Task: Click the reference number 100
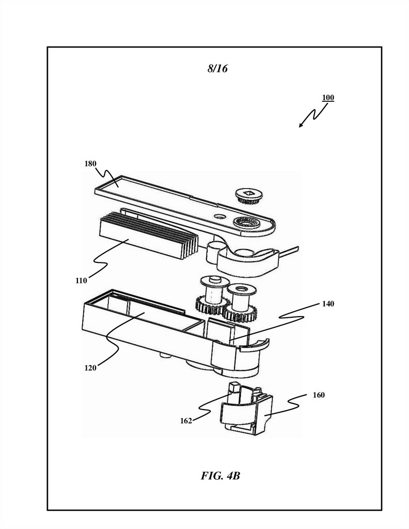point(328,98)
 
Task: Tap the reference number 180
point(90,164)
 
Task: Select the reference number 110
point(81,281)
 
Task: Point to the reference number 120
point(90,368)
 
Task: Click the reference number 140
point(328,304)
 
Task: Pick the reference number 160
point(319,395)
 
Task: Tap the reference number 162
point(186,421)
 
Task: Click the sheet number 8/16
point(217,69)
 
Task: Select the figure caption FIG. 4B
point(221,475)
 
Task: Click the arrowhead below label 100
point(301,126)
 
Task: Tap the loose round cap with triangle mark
point(249,196)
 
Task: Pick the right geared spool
point(240,303)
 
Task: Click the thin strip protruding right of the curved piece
point(289,250)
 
